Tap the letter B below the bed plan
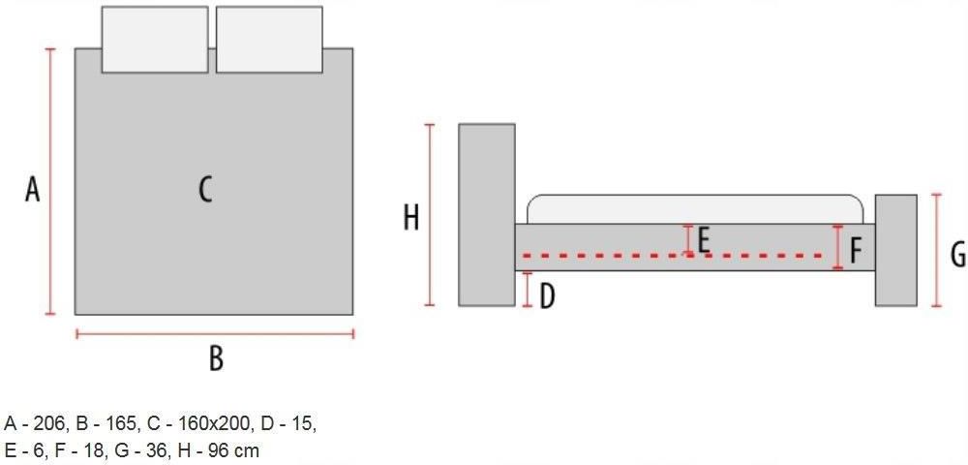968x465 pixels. [216, 358]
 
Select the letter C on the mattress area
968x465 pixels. [205, 189]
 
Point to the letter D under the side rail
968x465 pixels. [547, 296]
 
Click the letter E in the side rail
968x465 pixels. [703, 241]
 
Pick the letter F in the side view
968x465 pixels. [856, 251]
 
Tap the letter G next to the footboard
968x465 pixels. [957, 255]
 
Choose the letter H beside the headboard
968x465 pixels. [411, 218]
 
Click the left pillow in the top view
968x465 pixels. [154, 40]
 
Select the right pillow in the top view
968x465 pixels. [269, 40]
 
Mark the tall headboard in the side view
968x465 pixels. [487, 215]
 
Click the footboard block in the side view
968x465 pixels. [895, 250]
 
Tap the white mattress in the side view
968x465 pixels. [695, 209]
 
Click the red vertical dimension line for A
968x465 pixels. [50, 181]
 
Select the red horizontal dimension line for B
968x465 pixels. [215, 334]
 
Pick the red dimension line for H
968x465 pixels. [431, 215]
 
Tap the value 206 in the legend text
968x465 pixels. [49, 424]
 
